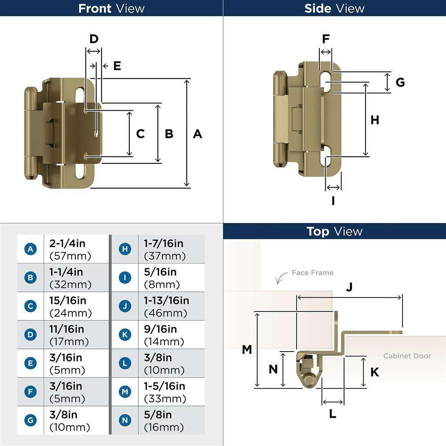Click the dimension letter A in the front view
coord(197,134)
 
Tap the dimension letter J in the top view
coord(349,287)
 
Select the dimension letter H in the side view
coord(375,120)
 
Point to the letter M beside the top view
coord(247,349)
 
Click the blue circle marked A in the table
coord(30,249)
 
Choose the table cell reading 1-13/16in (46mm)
coord(171,306)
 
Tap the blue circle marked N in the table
coord(125,420)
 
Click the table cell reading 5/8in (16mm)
coord(171,420)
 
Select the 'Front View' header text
coord(111,8)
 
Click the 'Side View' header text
coord(334,8)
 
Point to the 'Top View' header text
coord(334,231)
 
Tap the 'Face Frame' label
coord(312,273)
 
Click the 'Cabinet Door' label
coord(407,356)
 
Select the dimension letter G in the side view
coord(400,82)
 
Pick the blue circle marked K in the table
coord(125,334)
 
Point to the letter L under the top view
coord(332,414)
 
